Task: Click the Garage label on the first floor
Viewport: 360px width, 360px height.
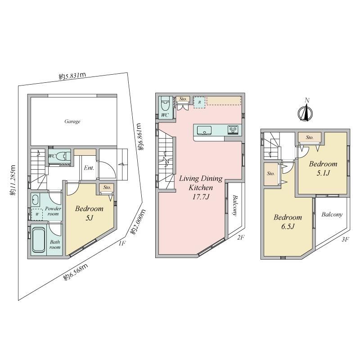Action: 72,121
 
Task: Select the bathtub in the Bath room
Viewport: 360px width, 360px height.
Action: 38,240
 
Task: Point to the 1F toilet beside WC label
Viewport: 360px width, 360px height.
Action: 63,156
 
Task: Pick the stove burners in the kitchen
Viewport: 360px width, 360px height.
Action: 233,130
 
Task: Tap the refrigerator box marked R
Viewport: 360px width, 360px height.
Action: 199,102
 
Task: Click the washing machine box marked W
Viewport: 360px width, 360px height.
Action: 37,214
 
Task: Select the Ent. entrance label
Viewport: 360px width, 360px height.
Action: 89,168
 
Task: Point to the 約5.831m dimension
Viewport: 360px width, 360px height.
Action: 72,76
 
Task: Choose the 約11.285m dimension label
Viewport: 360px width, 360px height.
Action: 13,180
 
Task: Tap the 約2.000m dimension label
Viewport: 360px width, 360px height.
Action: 138,221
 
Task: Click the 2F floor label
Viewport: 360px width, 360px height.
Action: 240,238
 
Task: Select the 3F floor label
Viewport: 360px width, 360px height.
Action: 345,239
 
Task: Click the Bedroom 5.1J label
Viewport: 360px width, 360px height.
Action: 323,168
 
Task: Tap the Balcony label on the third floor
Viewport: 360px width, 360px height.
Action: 332,215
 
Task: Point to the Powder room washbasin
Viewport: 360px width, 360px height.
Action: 35,199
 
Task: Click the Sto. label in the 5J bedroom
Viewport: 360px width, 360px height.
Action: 107,187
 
